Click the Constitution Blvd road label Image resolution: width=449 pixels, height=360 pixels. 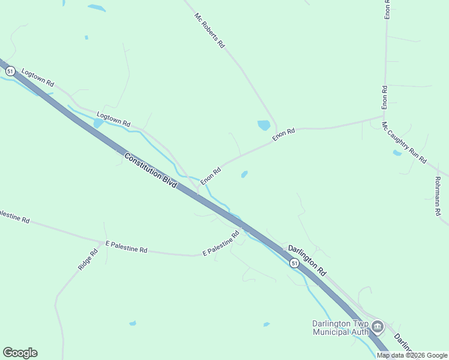(x=151, y=171)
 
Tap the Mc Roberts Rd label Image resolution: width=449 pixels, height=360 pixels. (x=209, y=31)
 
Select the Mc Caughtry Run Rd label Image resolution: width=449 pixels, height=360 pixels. (x=404, y=143)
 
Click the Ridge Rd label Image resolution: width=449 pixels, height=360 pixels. (x=88, y=259)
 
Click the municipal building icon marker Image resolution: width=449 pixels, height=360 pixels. (x=378, y=327)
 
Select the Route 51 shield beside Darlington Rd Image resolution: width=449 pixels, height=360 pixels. (x=294, y=263)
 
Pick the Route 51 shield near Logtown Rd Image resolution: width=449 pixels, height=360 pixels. (x=10, y=71)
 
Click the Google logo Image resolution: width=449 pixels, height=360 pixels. (x=20, y=353)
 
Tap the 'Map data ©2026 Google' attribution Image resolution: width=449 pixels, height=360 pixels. (x=412, y=355)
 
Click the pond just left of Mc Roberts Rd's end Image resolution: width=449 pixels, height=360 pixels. (x=264, y=125)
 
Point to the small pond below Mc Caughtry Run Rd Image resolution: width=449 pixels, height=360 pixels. (x=397, y=153)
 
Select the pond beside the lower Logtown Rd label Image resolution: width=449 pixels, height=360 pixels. (x=98, y=123)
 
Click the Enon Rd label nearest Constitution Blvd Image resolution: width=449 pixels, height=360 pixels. (x=211, y=176)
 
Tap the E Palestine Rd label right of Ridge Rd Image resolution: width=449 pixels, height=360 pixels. (x=126, y=247)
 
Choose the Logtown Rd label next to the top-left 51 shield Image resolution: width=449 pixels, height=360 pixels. (x=38, y=77)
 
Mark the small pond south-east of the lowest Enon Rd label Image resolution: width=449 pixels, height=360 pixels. (x=244, y=175)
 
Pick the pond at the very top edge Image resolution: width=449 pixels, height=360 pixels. (x=96, y=8)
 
